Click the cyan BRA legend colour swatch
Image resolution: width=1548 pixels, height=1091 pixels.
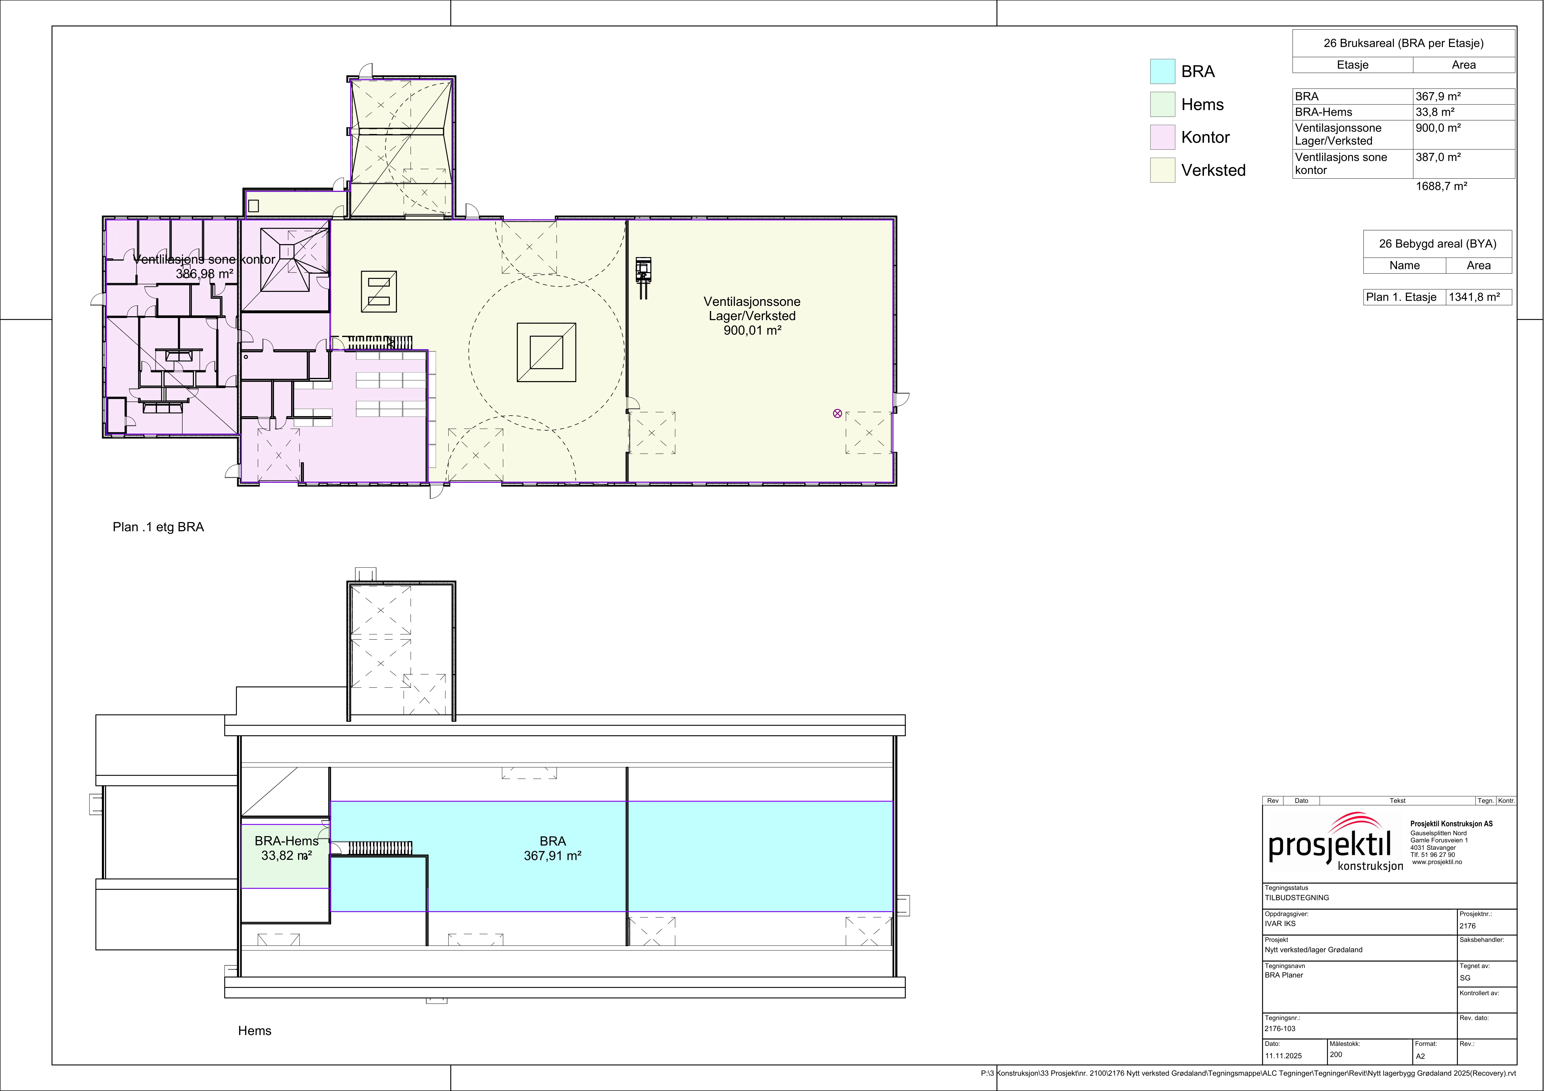point(1162,72)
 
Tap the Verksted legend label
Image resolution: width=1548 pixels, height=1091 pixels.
point(1213,170)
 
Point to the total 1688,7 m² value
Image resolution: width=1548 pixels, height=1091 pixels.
point(1441,186)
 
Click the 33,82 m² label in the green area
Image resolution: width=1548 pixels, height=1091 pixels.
point(287,856)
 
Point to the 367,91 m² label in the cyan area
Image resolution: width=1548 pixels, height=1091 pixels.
point(553,856)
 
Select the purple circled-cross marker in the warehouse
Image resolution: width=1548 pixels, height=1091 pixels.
point(837,413)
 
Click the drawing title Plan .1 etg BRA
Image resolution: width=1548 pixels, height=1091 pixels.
point(158,527)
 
